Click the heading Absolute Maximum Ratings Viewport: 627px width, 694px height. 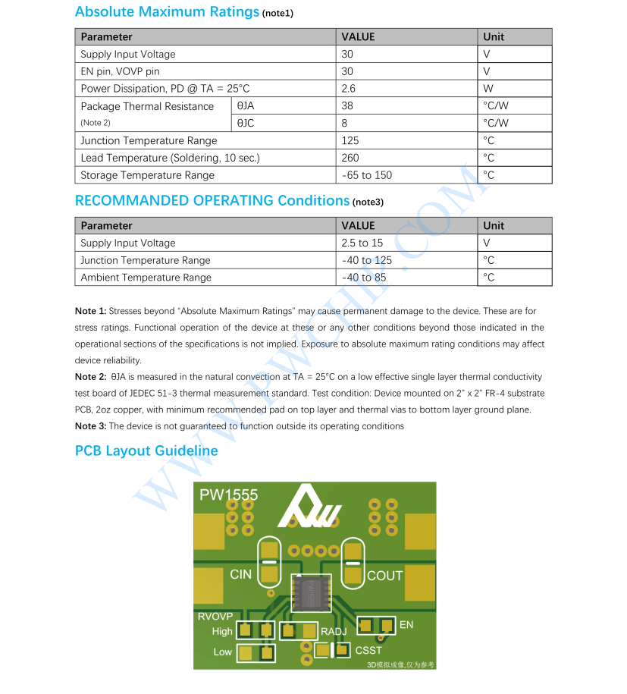[167, 12]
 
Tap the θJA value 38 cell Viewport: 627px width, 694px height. [348, 106]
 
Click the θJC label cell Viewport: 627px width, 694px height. [246, 123]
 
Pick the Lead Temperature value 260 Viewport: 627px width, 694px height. [350, 158]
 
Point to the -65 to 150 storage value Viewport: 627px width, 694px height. [366, 175]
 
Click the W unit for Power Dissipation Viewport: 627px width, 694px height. [488, 89]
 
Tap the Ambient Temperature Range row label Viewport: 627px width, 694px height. [146, 278]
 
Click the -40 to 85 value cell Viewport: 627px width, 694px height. [363, 278]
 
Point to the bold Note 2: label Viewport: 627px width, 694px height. [91, 377]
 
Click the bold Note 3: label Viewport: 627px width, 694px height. [91, 426]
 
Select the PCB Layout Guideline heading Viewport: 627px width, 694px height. [146, 451]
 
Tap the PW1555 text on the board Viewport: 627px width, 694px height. [228, 495]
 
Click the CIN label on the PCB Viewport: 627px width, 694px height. [240, 574]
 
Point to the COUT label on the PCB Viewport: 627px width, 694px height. [384, 576]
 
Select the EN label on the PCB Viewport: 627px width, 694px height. [406, 624]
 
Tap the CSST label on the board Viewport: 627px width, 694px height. [368, 650]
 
